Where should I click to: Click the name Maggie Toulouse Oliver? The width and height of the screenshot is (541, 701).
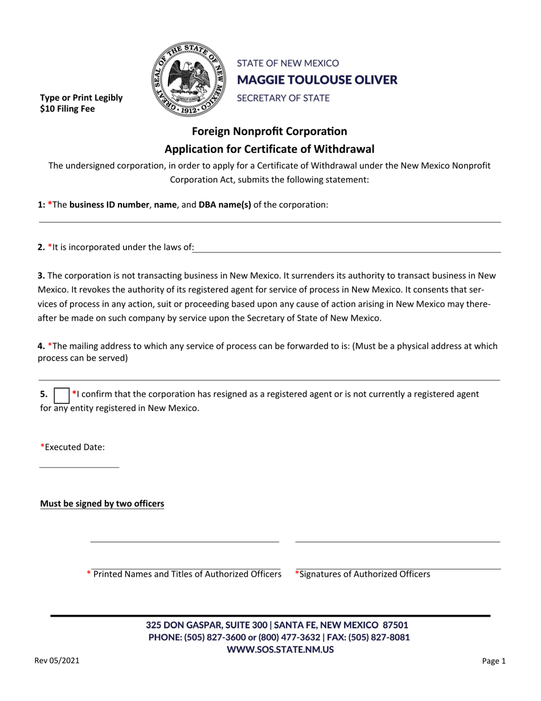tap(317, 80)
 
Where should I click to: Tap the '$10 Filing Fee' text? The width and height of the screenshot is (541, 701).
tap(67, 109)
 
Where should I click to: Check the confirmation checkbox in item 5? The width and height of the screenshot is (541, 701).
tap(61, 394)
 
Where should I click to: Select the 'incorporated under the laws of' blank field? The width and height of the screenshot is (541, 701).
tap(347, 248)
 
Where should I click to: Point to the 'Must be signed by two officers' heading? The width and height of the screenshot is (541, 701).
tap(102, 504)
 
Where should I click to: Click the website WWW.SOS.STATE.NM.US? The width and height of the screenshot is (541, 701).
tap(280, 649)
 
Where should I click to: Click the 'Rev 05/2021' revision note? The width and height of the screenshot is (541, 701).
tap(57, 661)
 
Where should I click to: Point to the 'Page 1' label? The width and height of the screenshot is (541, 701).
tap(494, 662)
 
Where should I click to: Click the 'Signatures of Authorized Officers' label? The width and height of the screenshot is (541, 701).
tap(362, 574)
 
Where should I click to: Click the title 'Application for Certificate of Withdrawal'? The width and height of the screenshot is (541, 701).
tap(269, 149)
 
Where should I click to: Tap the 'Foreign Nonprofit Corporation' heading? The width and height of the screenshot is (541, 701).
tap(269, 131)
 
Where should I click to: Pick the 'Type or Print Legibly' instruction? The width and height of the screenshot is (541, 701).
tap(81, 97)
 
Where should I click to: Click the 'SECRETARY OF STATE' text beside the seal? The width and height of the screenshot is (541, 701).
tap(283, 97)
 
